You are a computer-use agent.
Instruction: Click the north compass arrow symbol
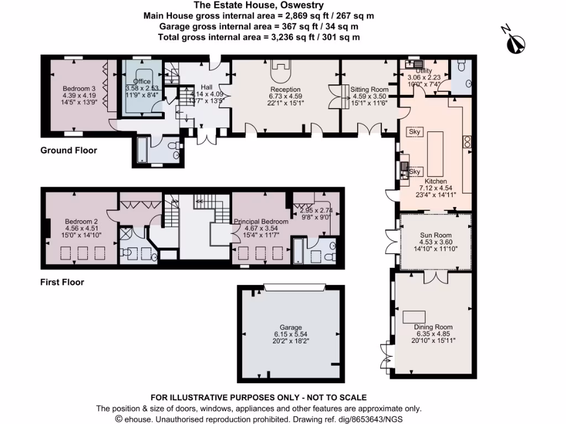point(517,42)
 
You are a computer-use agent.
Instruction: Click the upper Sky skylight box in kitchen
point(415,132)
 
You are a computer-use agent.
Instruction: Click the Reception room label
point(285,89)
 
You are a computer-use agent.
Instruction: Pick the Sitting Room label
point(370,89)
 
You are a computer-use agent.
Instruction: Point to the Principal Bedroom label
point(262,221)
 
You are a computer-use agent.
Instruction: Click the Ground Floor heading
point(69,151)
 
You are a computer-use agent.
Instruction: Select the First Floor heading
point(62,283)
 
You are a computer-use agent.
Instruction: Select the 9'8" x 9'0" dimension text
point(313,217)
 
